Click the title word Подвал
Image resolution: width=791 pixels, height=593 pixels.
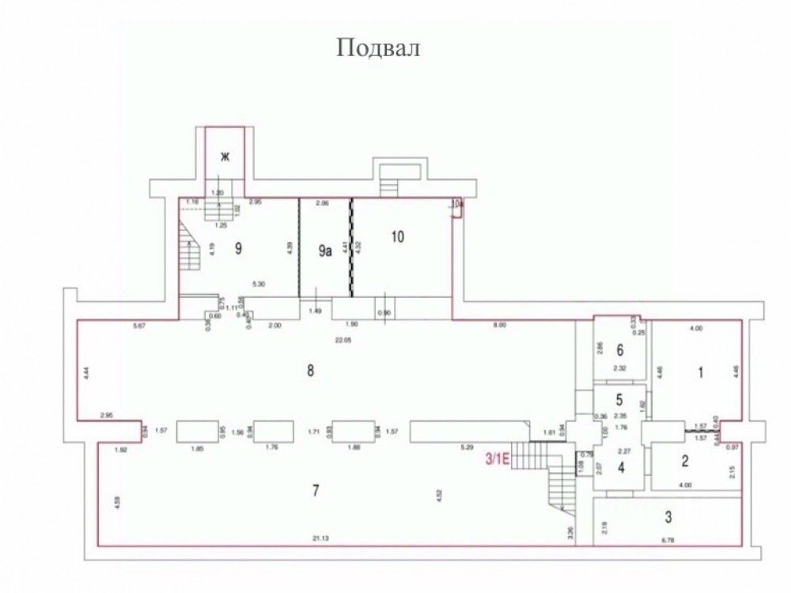(378, 48)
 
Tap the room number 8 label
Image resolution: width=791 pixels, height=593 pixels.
(312, 371)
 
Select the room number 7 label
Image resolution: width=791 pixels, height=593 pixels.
(315, 491)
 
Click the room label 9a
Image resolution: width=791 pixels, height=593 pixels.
(324, 251)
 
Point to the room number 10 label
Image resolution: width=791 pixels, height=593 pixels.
(397, 236)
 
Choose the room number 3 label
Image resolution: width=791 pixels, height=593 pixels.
(668, 518)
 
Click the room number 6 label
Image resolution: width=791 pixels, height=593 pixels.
(620, 349)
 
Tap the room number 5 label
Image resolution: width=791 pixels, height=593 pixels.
(620, 400)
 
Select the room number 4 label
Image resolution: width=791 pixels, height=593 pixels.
(621, 467)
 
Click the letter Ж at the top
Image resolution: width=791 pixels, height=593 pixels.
(225, 157)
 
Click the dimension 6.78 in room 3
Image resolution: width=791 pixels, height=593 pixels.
(669, 540)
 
